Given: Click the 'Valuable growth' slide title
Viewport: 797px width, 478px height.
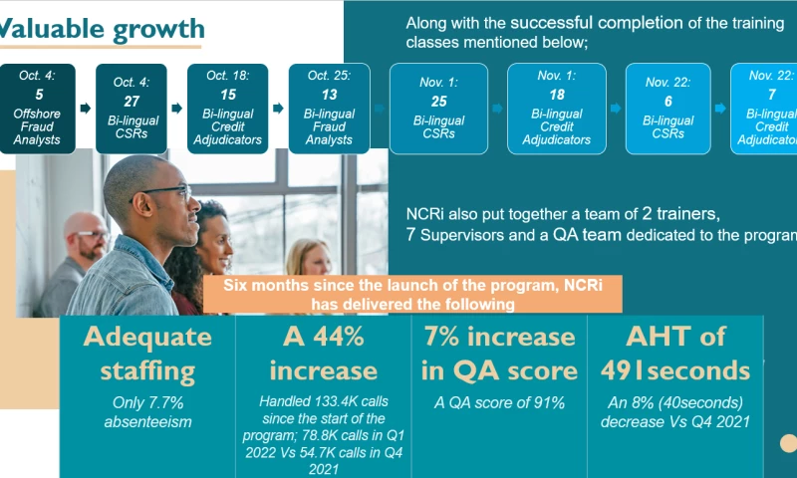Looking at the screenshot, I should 100,29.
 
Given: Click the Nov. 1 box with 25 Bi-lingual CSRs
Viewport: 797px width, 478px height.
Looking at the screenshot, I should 438,109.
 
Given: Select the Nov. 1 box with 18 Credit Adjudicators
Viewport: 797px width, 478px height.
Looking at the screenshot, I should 556,109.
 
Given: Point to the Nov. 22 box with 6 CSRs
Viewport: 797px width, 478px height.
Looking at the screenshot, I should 667,109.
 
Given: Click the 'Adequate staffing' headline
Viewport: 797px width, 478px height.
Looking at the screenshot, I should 147,353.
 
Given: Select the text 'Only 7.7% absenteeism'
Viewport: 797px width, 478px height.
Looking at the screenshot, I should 147,411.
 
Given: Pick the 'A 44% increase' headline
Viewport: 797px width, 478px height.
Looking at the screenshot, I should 323,353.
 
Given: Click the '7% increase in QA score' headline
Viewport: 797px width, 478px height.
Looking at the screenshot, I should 498,353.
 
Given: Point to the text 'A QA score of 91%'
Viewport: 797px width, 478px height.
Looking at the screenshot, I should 498,402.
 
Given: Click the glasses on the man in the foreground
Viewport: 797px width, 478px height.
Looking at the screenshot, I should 169,192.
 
